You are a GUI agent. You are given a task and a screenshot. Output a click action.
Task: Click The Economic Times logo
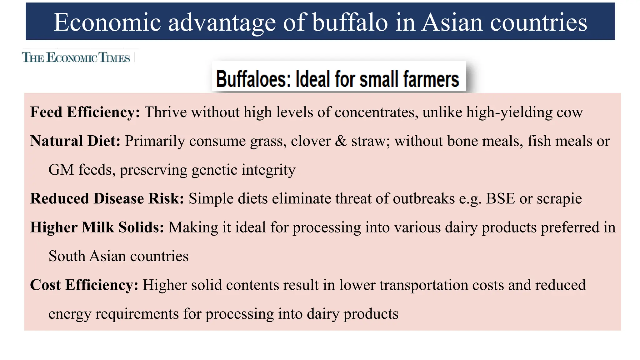(76, 58)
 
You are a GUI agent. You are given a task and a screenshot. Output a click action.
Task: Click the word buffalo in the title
(350, 22)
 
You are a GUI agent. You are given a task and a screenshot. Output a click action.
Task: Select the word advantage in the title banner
(222, 22)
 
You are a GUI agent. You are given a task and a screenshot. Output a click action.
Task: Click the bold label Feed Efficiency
(85, 112)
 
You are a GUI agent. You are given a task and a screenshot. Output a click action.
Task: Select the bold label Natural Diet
(75, 141)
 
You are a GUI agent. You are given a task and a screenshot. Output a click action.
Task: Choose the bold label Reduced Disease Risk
(107, 199)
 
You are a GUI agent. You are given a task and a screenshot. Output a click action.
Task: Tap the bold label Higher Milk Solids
(97, 227)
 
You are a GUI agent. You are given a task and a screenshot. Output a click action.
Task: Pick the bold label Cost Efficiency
(84, 285)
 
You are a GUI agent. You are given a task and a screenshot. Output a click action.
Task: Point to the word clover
(311, 141)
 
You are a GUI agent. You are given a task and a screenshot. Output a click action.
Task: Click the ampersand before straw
(341, 141)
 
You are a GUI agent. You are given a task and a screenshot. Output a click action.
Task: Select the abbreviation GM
(61, 170)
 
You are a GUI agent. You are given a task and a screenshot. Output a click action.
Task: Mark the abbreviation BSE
(500, 199)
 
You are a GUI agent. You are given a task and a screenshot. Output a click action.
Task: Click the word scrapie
(559, 199)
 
